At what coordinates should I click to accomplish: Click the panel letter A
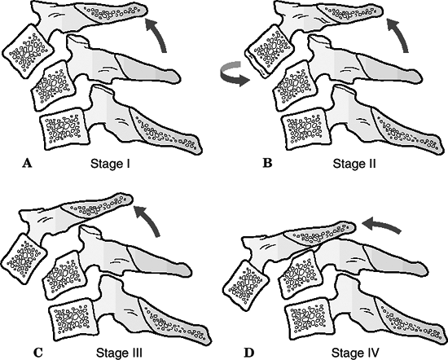tap(27, 164)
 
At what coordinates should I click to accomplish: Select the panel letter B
tap(267, 163)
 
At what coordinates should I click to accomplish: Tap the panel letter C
tap(37, 353)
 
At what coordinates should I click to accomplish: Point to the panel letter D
tap(249, 353)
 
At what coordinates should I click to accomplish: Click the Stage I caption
tap(110, 164)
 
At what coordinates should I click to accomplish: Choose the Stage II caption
tap(354, 164)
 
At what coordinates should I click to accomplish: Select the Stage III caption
tap(119, 353)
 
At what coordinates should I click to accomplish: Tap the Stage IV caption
tap(355, 353)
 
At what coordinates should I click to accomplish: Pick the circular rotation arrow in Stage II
tap(232, 75)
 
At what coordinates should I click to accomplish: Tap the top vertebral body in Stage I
tap(28, 51)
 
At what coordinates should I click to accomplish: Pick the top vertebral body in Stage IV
tap(246, 285)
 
